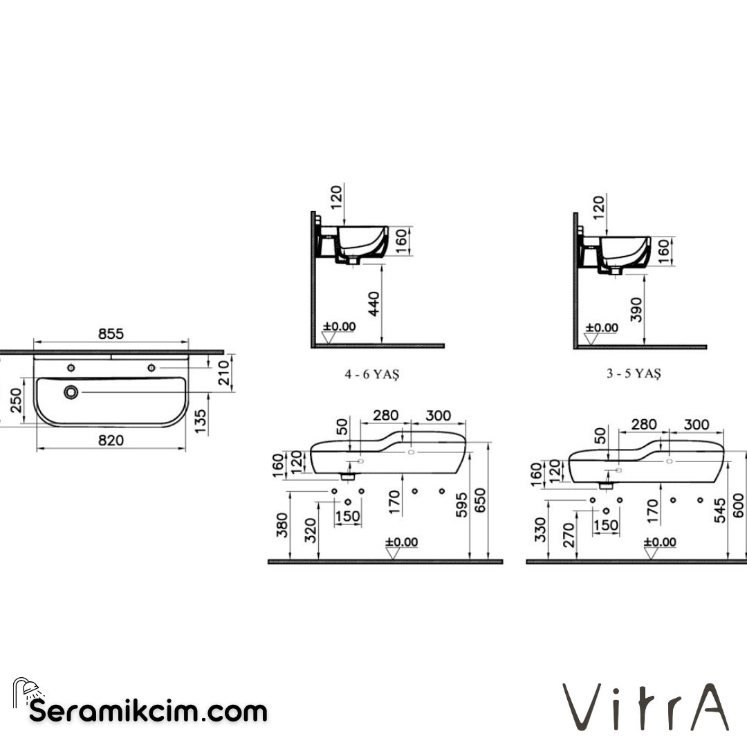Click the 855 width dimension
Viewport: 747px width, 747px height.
pos(110,333)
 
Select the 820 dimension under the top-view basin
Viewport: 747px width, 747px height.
pos(110,440)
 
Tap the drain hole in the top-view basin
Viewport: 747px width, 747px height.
pos(71,392)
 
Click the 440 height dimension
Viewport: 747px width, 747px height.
pos(374,304)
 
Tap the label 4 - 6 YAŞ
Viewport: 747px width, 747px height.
pos(373,374)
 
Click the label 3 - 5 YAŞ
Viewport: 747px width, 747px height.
pos(634,373)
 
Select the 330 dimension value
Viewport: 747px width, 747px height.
pos(539,529)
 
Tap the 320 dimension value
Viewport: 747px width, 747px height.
pos(311,531)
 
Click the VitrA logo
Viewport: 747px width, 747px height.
pos(645,706)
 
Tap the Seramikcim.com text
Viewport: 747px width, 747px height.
pos(148,710)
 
